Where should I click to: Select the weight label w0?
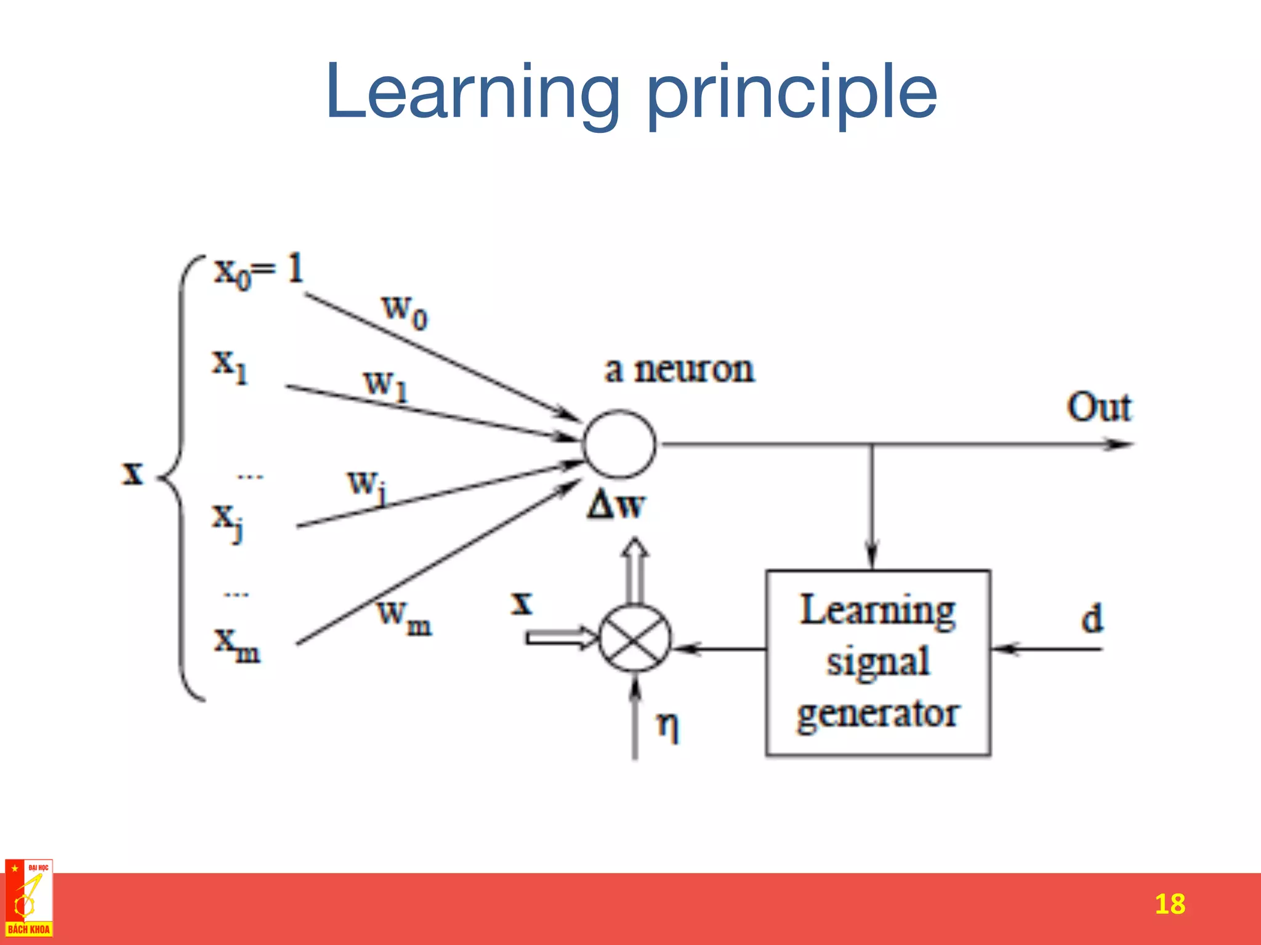pos(404,311)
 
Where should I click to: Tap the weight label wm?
pos(404,617)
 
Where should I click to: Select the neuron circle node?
pos(619,444)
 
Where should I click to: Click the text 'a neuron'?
pos(679,370)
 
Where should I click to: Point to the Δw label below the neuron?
pos(616,506)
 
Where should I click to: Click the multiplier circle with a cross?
pos(635,638)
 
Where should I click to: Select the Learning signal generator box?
pos(878,663)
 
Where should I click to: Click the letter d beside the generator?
pos(1092,618)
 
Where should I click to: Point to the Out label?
pos(1099,407)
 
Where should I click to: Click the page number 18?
pos(1169,904)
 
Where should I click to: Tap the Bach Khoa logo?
pos(28,898)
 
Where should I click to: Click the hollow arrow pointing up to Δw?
pos(635,569)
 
